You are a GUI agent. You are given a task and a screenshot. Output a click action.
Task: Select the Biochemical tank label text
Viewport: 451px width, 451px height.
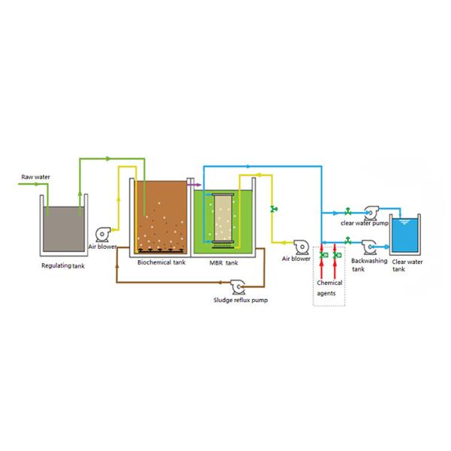click(x=162, y=263)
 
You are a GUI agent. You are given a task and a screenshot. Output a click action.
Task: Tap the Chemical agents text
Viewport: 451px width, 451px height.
click(x=329, y=288)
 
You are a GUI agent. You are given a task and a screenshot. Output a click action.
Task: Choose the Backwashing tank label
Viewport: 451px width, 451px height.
click(x=369, y=265)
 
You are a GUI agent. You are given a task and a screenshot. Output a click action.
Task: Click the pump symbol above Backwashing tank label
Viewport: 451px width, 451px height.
click(x=370, y=246)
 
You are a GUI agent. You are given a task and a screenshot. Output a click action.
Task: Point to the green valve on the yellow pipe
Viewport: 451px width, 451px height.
click(x=274, y=208)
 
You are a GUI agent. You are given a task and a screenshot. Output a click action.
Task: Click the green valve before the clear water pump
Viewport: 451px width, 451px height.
click(x=347, y=211)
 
